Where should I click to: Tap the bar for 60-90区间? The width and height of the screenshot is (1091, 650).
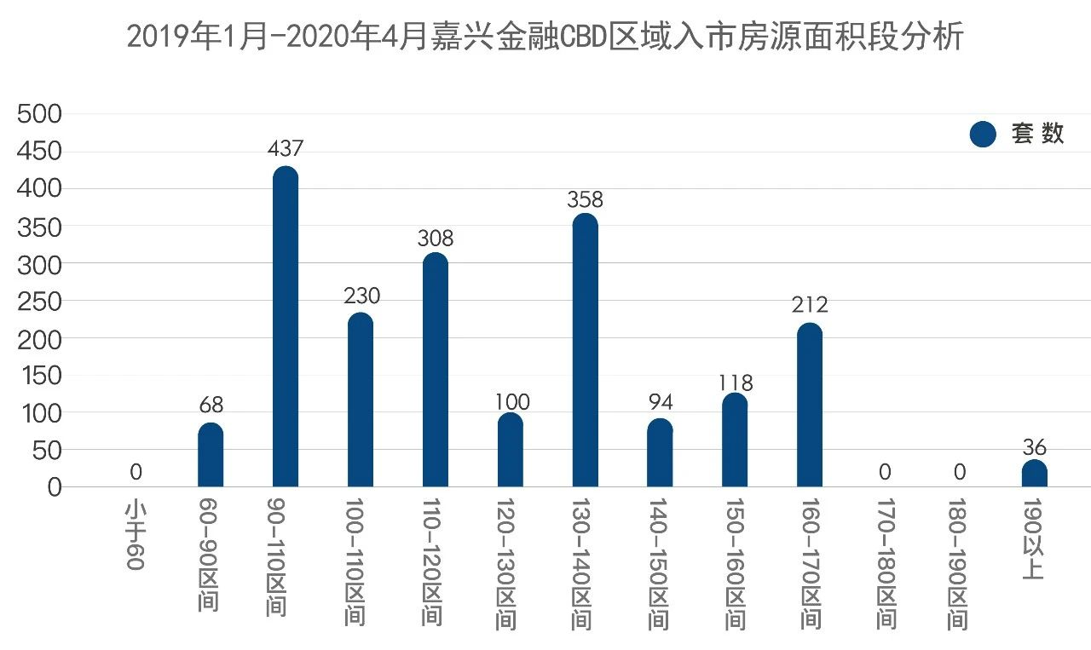pos(211,455)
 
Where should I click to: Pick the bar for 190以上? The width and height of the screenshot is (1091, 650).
pos(1035,474)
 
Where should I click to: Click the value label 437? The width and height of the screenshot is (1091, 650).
pos(286,148)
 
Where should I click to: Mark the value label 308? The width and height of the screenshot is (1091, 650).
pos(436,239)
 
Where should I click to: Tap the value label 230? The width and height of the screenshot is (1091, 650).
pos(361,296)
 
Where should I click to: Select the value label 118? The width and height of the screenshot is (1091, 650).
pos(735,383)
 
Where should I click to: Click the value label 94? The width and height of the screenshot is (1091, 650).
pos(660,401)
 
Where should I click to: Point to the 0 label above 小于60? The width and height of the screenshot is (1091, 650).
pos(136,472)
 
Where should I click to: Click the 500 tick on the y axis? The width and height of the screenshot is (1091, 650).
pos(40,114)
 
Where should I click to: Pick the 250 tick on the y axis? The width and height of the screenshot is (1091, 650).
pos(40,302)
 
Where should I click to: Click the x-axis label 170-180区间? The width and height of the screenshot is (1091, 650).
pos(886,563)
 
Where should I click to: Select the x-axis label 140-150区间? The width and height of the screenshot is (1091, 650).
pos(659,563)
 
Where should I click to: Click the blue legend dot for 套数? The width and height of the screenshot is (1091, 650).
pos(983,134)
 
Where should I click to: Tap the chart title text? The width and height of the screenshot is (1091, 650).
pos(545,37)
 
